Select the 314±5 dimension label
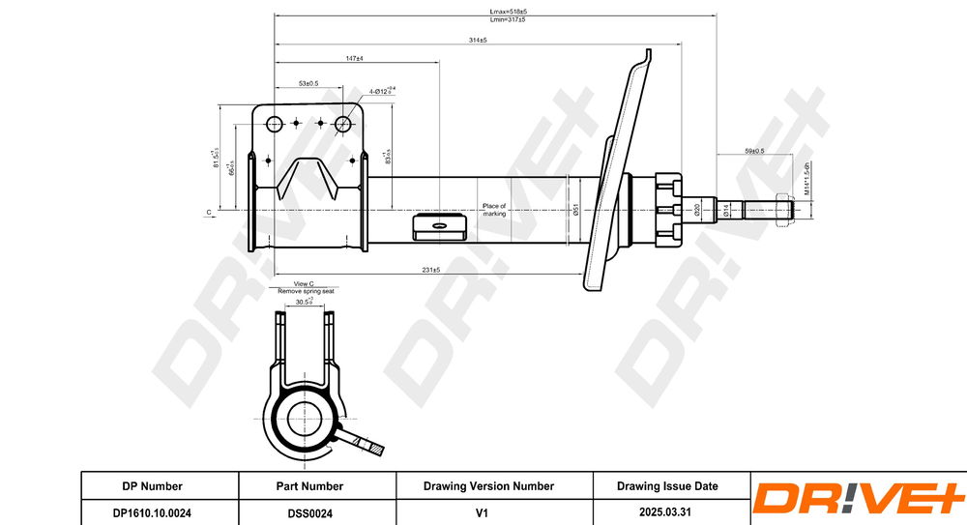point(477,40)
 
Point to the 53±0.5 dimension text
point(308,83)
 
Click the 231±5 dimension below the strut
point(430,271)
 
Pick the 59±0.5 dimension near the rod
point(754,151)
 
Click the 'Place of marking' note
point(494,210)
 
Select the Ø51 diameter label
point(576,210)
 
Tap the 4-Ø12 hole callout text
point(382,91)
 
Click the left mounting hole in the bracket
point(274,124)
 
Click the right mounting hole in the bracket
point(342,124)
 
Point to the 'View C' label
point(305,284)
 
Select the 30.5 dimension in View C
point(303,303)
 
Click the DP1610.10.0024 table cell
point(152,512)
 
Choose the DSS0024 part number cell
point(309,512)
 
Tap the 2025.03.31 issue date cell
point(666,512)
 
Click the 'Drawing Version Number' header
point(488,486)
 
